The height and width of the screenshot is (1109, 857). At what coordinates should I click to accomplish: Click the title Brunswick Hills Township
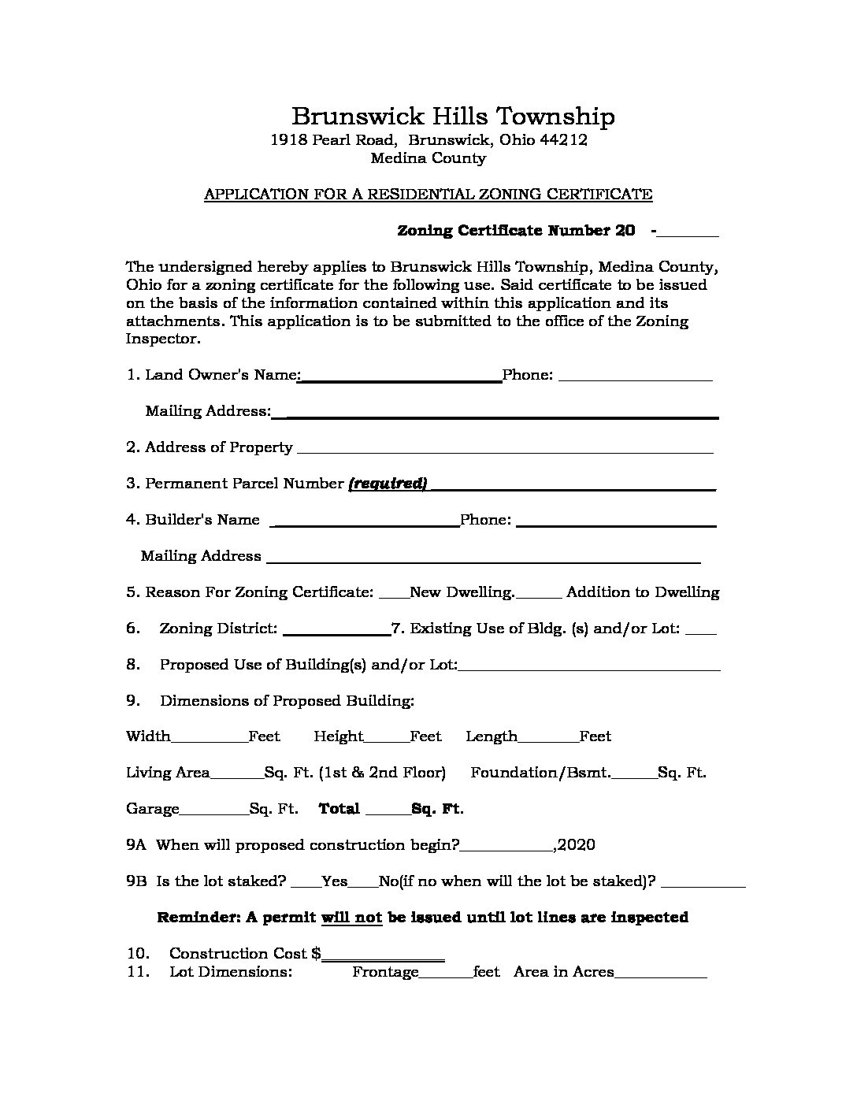[453, 117]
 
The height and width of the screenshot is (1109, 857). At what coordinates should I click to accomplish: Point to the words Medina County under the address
[428, 158]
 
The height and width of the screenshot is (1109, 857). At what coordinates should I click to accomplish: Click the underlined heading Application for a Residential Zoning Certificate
[428, 194]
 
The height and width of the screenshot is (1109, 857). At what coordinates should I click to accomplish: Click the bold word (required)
[388, 484]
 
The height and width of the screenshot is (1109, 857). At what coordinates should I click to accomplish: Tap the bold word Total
[339, 809]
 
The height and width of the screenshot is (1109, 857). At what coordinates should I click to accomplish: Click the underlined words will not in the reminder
[351, 918]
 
